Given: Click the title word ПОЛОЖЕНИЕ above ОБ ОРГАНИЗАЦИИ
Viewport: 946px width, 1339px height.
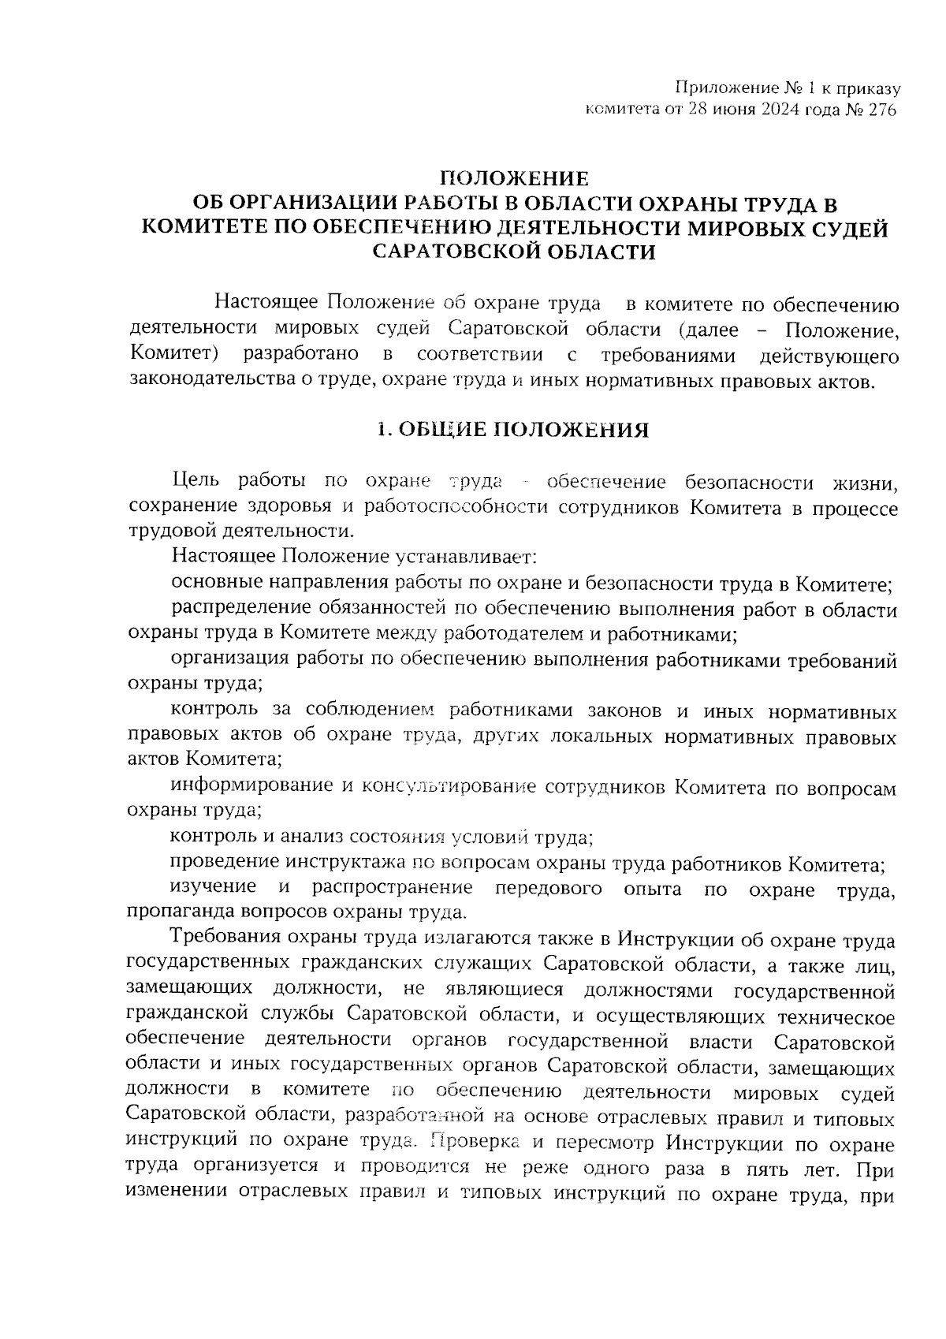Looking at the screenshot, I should pyautogui.click(x=513, y=179).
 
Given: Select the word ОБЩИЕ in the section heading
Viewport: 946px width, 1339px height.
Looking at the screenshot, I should pyautogui.click(x=440, y=431).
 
